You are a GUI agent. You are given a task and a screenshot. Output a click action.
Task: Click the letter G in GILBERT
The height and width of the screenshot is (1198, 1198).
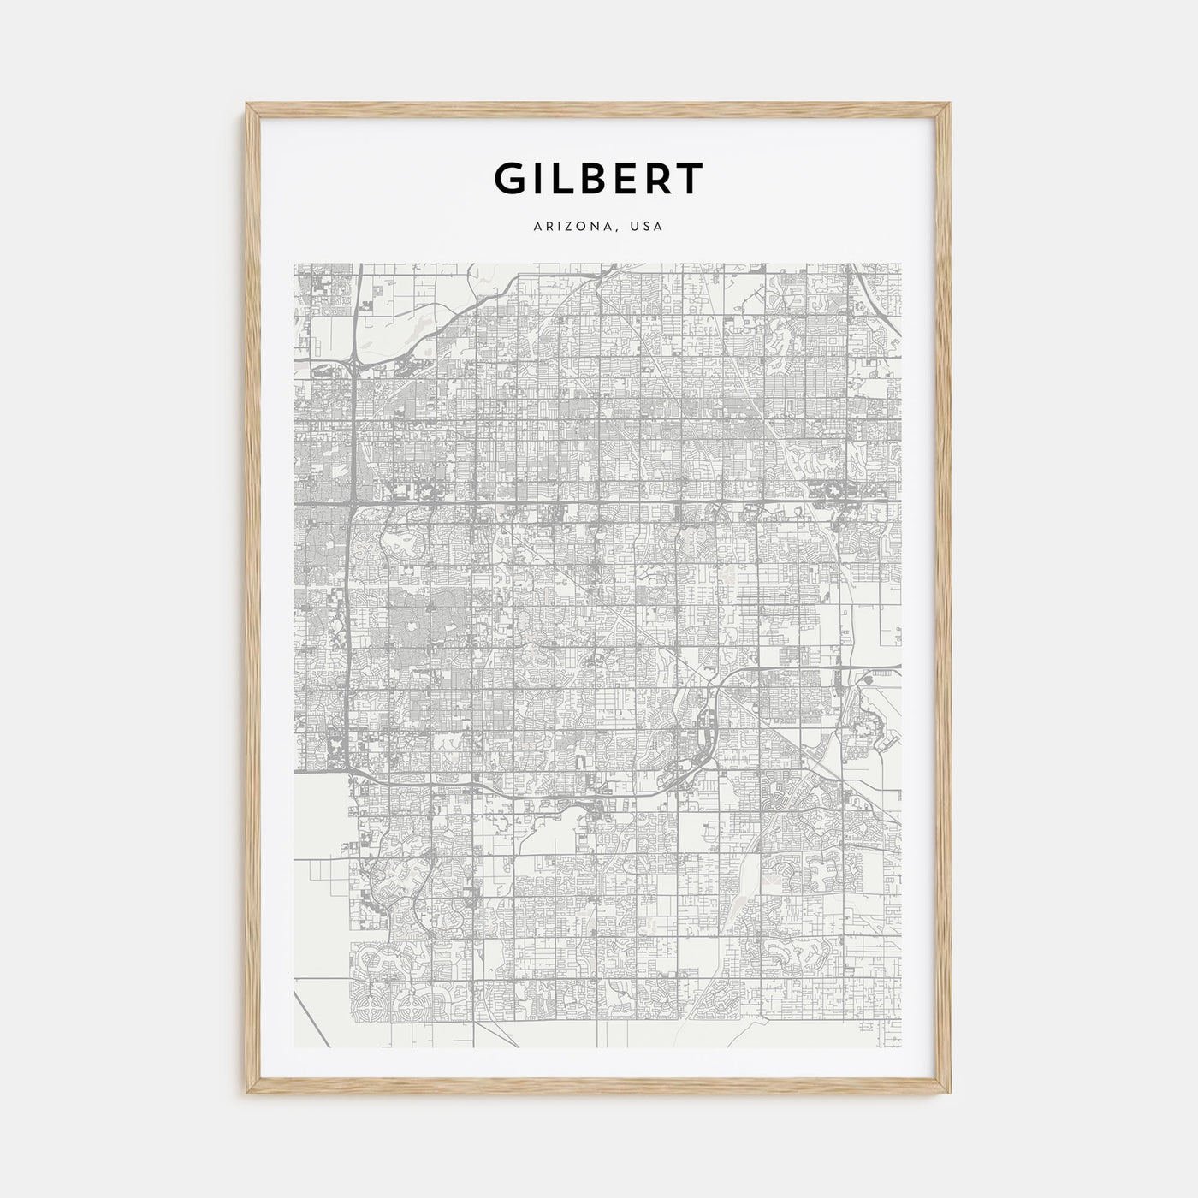coord(512,178)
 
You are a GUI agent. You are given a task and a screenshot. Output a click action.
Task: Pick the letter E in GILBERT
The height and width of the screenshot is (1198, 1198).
coord(633,178)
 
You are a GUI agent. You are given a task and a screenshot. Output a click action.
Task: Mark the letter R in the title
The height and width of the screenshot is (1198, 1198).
coord(663,178)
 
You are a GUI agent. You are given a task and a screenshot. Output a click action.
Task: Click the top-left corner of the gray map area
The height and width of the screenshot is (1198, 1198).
coord(294,264)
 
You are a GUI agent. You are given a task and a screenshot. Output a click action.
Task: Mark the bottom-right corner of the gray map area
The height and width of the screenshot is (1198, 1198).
coord(902,1047)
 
